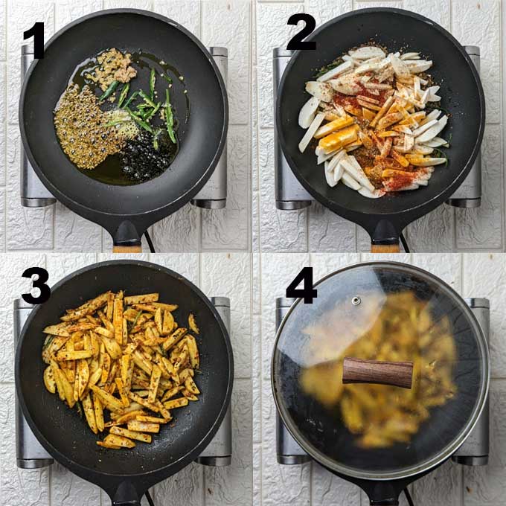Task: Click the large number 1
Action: pos(35,40)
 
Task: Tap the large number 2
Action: pos(301,31)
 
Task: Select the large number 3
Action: pos(36,286)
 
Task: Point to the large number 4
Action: pos(301,285)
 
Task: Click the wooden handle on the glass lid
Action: pos(377,372)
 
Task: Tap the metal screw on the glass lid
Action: pos(356,301)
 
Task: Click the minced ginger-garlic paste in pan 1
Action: pos(113,68)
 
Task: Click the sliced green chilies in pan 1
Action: pos(145,106)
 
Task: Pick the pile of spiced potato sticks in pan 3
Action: pos(122,368)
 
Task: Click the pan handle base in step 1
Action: pos(127,233)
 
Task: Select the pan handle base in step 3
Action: pos(126,494)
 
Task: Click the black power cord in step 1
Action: pos(149,241)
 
